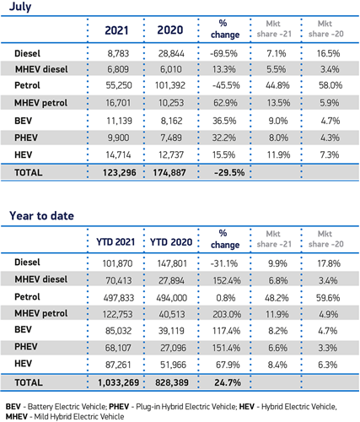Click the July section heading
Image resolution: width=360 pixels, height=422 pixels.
coord(20,7)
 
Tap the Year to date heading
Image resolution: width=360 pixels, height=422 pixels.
coord(41,216)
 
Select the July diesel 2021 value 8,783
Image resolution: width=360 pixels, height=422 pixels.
coord(118,53)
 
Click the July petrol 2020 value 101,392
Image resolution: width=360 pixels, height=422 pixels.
coord(170,85)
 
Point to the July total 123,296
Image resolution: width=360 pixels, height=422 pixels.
coord(120,172)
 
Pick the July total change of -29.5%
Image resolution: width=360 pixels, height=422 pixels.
coord(229,172)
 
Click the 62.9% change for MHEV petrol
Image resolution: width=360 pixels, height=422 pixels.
coord(225,103)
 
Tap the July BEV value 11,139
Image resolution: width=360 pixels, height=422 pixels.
coord(119,121)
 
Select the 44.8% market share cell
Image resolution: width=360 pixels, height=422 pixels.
coord(277,85)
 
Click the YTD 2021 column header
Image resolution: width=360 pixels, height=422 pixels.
coord(116,242)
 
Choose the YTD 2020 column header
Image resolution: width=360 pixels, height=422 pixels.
coord(171,242)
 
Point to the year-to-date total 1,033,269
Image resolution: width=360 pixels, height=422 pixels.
coord(119,382)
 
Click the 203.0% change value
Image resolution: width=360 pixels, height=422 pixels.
coord(227,314)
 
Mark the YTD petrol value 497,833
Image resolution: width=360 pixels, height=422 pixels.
coord(119,298)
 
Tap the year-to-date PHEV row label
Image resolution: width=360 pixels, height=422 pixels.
coord(26,347)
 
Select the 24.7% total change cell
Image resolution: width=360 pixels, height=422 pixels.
coord(228,382)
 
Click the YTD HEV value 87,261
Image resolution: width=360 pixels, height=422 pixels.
coord(118,365)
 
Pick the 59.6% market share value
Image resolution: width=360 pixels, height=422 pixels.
coord(328,298)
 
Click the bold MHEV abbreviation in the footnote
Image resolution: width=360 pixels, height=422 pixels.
coord(17,417)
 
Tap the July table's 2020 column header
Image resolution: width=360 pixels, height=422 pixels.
coord(170,30)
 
